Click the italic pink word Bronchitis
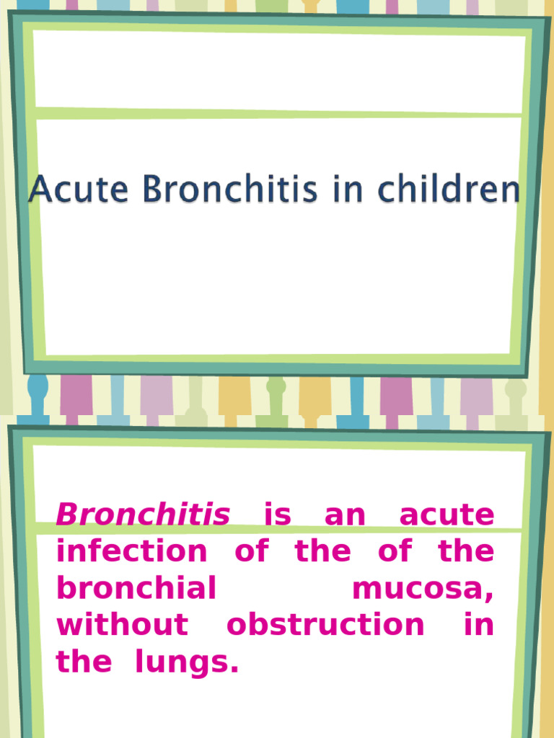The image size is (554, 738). (143, 515)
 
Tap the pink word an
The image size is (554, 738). (345, 515)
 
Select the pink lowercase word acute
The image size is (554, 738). (447, 515)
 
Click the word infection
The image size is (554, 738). (131, 552)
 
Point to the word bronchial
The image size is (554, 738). (136, 589)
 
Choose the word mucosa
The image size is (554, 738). (420, 589)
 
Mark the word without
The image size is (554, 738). (122, 625)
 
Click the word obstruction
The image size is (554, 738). (325, 625)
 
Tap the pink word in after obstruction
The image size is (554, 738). (479, 625)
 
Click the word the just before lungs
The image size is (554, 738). (84, 662)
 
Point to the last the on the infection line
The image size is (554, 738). (466, 552)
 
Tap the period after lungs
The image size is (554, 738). (233, 670)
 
